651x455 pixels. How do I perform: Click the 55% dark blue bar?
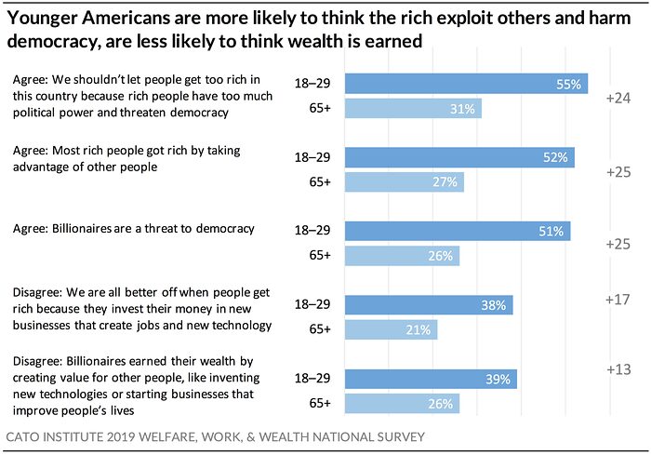coord(466,84)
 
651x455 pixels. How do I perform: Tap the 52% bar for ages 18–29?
coord(459,157)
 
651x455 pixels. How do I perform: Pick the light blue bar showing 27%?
coord(404,182)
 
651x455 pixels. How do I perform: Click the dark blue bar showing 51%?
coord(458,232)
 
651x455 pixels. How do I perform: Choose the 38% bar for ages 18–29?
coord(429,305)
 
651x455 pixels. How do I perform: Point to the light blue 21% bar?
coord(391,330)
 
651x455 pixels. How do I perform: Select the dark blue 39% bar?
coord(431,380)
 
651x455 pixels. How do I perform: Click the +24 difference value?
coord(618,98)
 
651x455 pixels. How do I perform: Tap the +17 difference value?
coord(618,300)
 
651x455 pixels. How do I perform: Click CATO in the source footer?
coord(25,435)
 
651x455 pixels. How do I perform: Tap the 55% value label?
coord(569,84)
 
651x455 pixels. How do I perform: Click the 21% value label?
coord(418,330)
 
